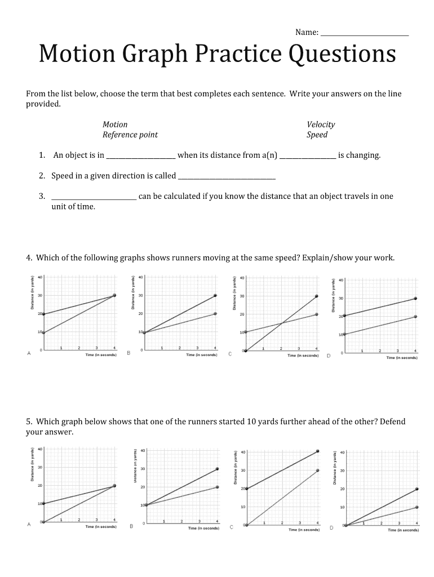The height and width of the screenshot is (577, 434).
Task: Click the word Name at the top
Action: [x=306, y=32]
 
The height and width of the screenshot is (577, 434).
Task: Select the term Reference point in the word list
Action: [x=130, y=135]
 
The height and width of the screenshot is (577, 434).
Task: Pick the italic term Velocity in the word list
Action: [x=321, y=124]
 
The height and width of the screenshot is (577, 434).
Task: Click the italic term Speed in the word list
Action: [x=317, y=135]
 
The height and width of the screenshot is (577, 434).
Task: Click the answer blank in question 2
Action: [x=227, y=177]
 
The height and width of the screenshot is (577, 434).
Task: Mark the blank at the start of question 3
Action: [x=94, y=198]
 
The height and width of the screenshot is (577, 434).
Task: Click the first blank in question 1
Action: [x=141, y=156]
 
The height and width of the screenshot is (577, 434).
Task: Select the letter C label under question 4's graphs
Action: [x=230, y=354]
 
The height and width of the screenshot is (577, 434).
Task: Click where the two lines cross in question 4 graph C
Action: [x=281, y=323]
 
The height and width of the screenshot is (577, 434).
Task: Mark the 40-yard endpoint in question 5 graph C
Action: [x=318, y=451]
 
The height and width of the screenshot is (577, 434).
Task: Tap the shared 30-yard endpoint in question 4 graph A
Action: [x=114, y=295]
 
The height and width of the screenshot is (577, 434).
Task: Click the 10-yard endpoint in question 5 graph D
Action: [x=417, y=507]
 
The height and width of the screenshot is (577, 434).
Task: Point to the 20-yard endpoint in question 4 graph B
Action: [x=215, y=313]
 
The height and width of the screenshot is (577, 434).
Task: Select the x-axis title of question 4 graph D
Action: [x=402, y=357]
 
